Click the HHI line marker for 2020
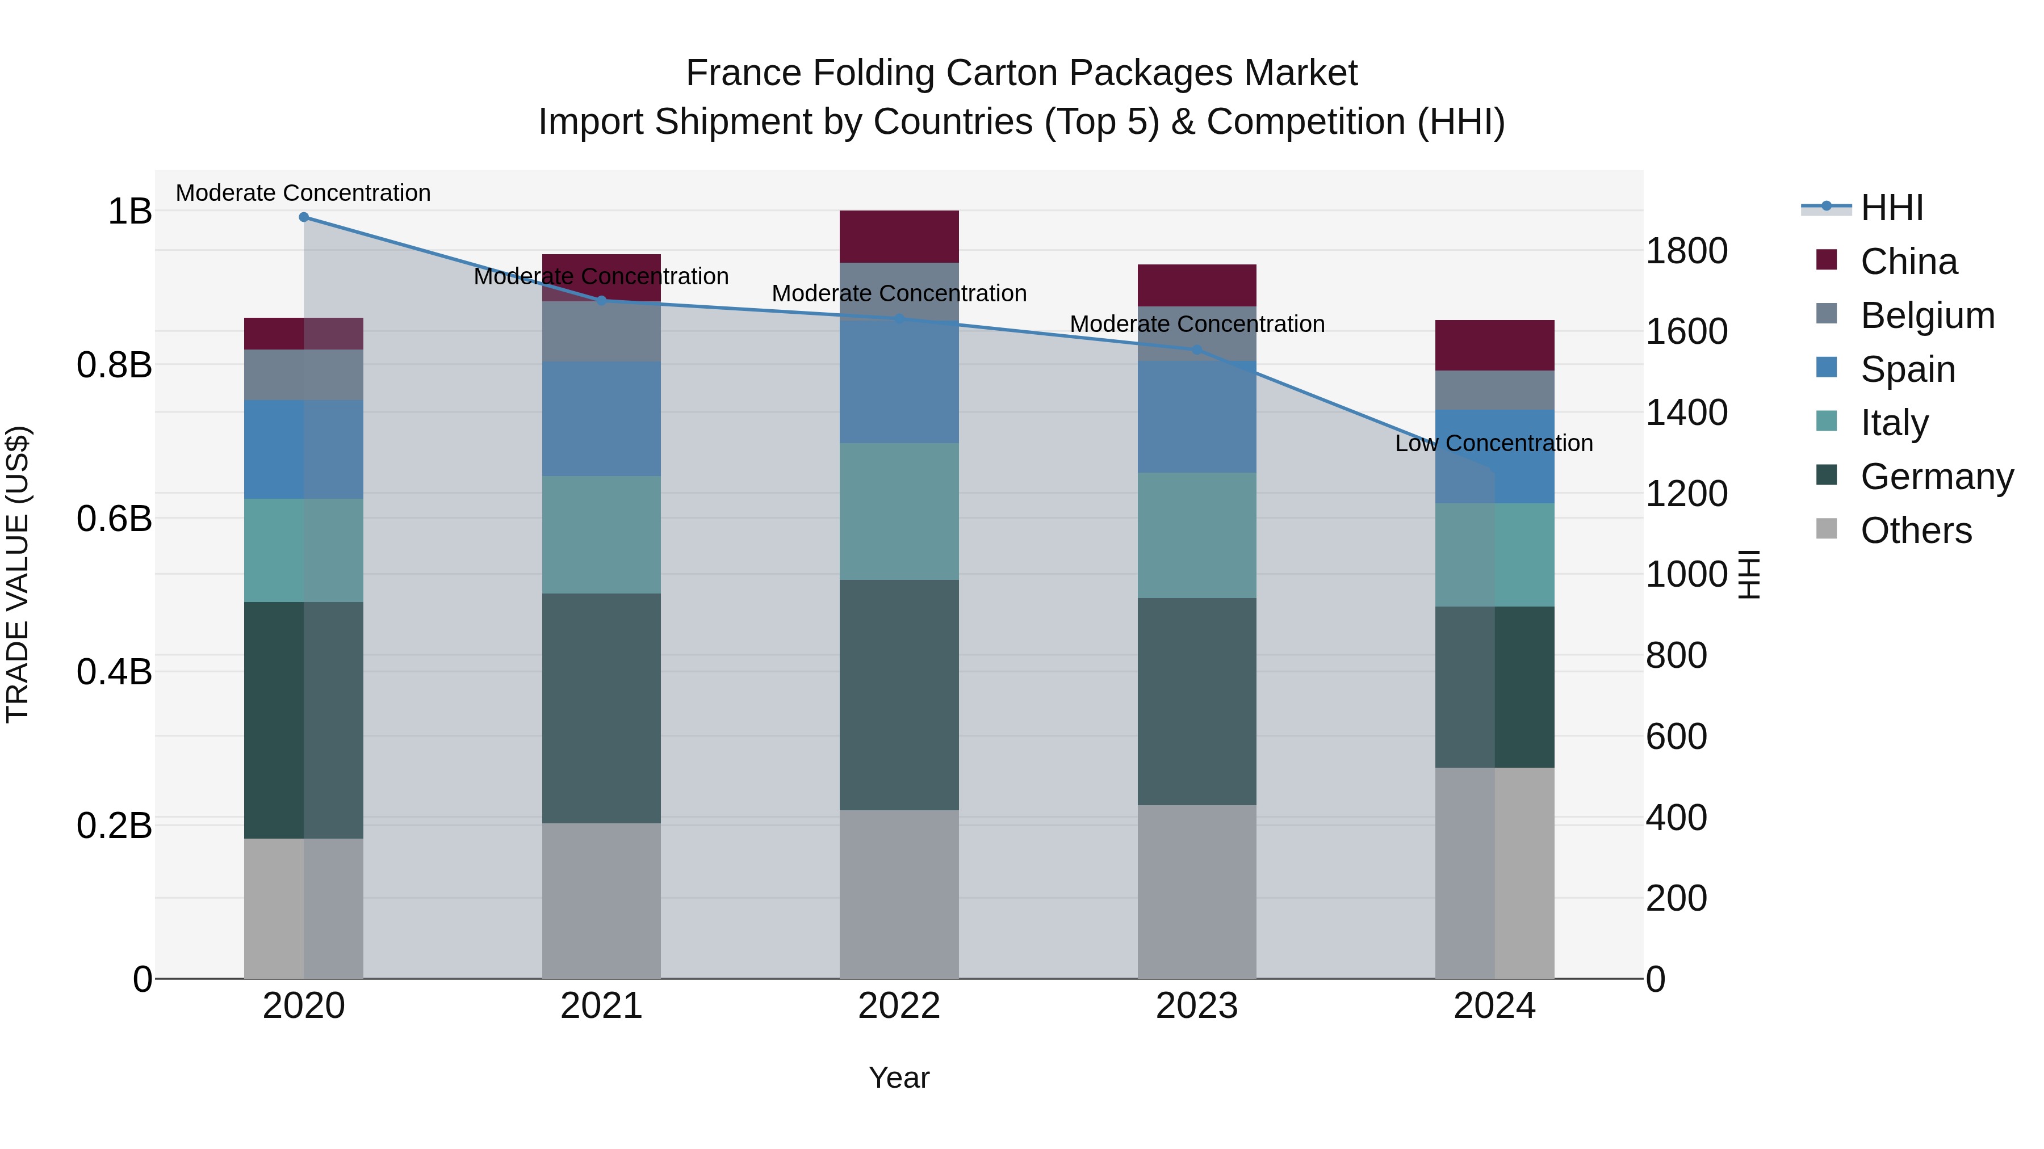304,217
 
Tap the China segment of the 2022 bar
899,236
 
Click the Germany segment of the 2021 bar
601,708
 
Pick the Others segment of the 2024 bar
1494,872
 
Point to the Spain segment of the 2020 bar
303,449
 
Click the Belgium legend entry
1926,315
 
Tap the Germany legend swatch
1826,476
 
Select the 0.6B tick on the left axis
114,519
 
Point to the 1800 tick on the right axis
1686,251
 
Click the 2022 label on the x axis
899,1006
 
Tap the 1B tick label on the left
129,211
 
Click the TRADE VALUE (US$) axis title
18,574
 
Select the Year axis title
899,1078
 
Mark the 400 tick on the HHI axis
1676,818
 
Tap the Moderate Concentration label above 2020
303,193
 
